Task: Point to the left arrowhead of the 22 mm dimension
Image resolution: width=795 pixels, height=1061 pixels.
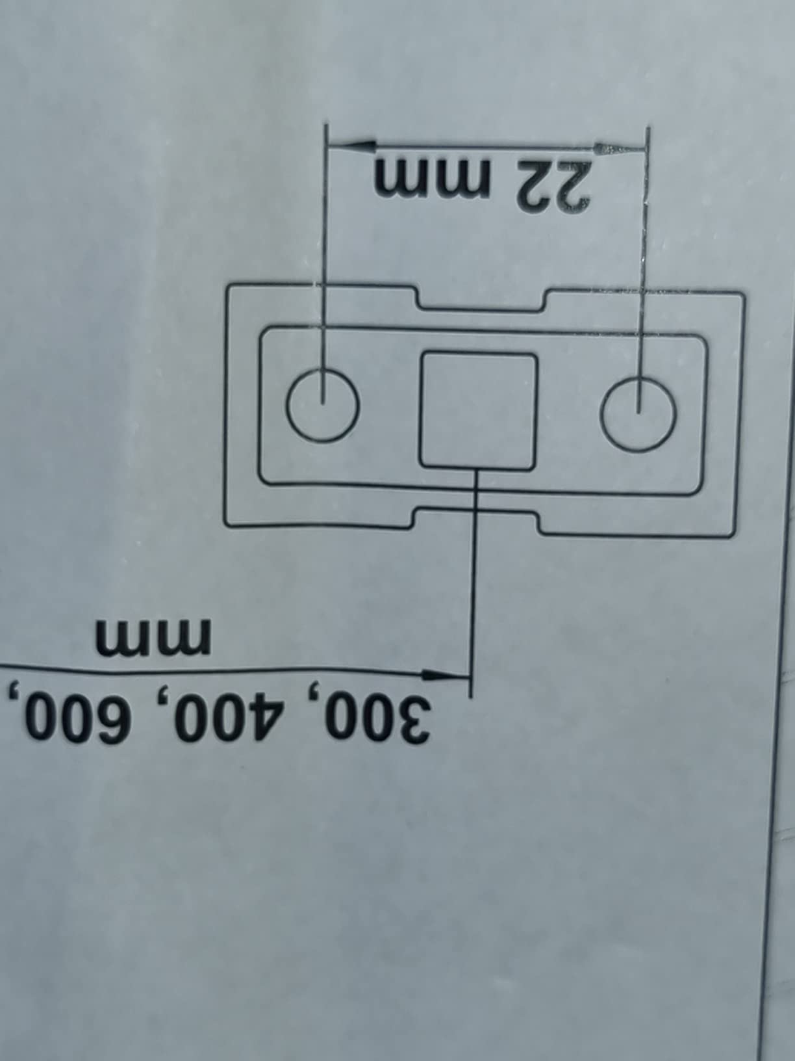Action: pos(350,144)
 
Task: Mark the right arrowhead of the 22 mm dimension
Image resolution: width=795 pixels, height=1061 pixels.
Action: pos(620,148)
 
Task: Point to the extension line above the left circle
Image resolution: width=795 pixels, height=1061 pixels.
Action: pos(324,263)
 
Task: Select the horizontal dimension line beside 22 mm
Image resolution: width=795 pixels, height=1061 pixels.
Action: pos(487,146)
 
